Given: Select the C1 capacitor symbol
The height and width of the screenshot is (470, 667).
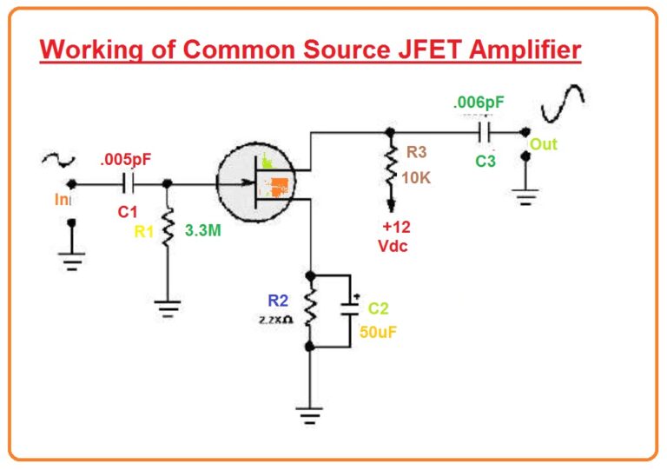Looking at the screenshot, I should tap(129, 183).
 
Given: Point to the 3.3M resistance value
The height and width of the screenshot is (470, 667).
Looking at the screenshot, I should tap(201, 232).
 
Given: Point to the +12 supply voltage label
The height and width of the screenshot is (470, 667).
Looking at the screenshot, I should tap(395, 228).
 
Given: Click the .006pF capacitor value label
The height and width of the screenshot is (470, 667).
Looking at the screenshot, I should tap(478, 103).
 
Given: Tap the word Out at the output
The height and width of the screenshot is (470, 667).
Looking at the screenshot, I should tap(544, 144).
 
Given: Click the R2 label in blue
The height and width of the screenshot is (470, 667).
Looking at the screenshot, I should tap(277, 301).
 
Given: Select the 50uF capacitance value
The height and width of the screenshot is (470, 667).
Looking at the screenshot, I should tap(378, 330).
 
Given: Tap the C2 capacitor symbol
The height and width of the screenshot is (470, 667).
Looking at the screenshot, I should tap(352, 308).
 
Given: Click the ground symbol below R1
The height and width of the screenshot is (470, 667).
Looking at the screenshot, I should tap(168, 307).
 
